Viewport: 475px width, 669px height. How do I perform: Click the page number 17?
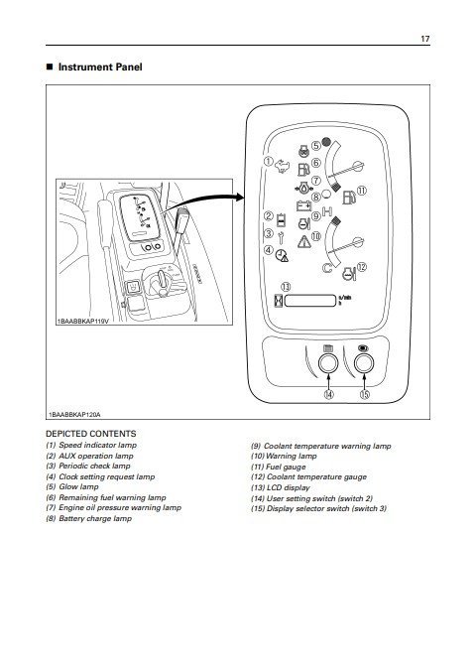[425, 39]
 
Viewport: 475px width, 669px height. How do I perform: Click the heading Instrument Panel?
[100, 67]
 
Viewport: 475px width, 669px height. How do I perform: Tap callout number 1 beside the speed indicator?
[268, 162]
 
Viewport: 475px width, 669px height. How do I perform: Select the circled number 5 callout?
[316, 146]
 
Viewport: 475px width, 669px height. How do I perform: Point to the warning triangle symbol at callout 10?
[303, 242]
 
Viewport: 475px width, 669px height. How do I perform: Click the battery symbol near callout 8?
[303, 206]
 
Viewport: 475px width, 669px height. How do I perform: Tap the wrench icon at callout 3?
[281, 237]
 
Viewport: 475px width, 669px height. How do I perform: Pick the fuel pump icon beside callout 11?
[349, 197]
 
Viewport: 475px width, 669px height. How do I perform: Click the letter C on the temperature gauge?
[327, 268]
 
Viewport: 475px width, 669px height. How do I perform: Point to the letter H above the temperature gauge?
[327, 211]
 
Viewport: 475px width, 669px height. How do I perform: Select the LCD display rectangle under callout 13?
[310, 301]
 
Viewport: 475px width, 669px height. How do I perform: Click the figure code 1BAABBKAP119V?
[82, 321]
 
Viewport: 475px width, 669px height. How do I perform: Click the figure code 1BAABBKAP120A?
[74, 414]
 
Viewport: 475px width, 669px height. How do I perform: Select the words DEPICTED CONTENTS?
[91, 434]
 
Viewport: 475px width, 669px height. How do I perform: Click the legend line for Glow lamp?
[72, 486]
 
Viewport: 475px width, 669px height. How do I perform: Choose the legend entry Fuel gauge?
[279, 467]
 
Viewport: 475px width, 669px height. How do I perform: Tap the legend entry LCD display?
[281, 487]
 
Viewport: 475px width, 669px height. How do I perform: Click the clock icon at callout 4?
[281, 255]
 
